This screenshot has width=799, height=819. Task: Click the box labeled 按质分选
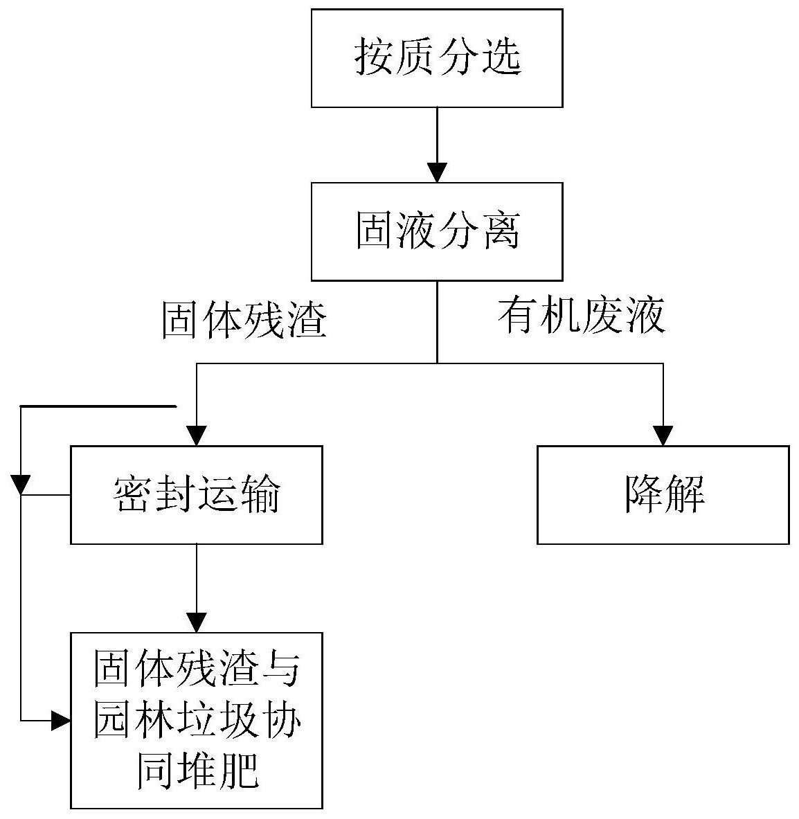[x=436, y=58]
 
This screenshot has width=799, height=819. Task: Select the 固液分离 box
[x=436, y=231]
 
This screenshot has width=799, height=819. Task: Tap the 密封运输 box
[x=197, y=494]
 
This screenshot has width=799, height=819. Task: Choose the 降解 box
[x=663, y=494]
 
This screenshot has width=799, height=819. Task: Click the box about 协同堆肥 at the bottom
[x=197, y=720]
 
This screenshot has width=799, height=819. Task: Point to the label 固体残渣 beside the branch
[x=244, y=321]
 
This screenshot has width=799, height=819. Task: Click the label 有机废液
[x=581, y=316]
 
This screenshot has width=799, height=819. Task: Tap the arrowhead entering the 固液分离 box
[x=437, y=172]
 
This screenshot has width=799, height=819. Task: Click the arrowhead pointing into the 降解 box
[x=663, y=435]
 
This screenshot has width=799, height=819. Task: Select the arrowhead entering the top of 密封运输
[x=197, y=435]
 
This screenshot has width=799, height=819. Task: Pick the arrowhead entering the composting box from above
[x=197, y=622]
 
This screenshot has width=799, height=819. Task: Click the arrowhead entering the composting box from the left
[x=61, y=721]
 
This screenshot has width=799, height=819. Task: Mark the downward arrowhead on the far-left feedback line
[x=21, y=484]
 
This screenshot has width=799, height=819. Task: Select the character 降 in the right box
[x=642, y=494]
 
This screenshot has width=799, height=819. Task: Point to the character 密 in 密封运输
[x=134, y=494]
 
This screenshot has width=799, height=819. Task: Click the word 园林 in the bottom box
[x=135, y=721]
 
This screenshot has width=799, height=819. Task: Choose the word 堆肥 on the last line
[x=219, y=769]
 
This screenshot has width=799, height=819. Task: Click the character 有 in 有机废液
[x=517, y=316]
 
